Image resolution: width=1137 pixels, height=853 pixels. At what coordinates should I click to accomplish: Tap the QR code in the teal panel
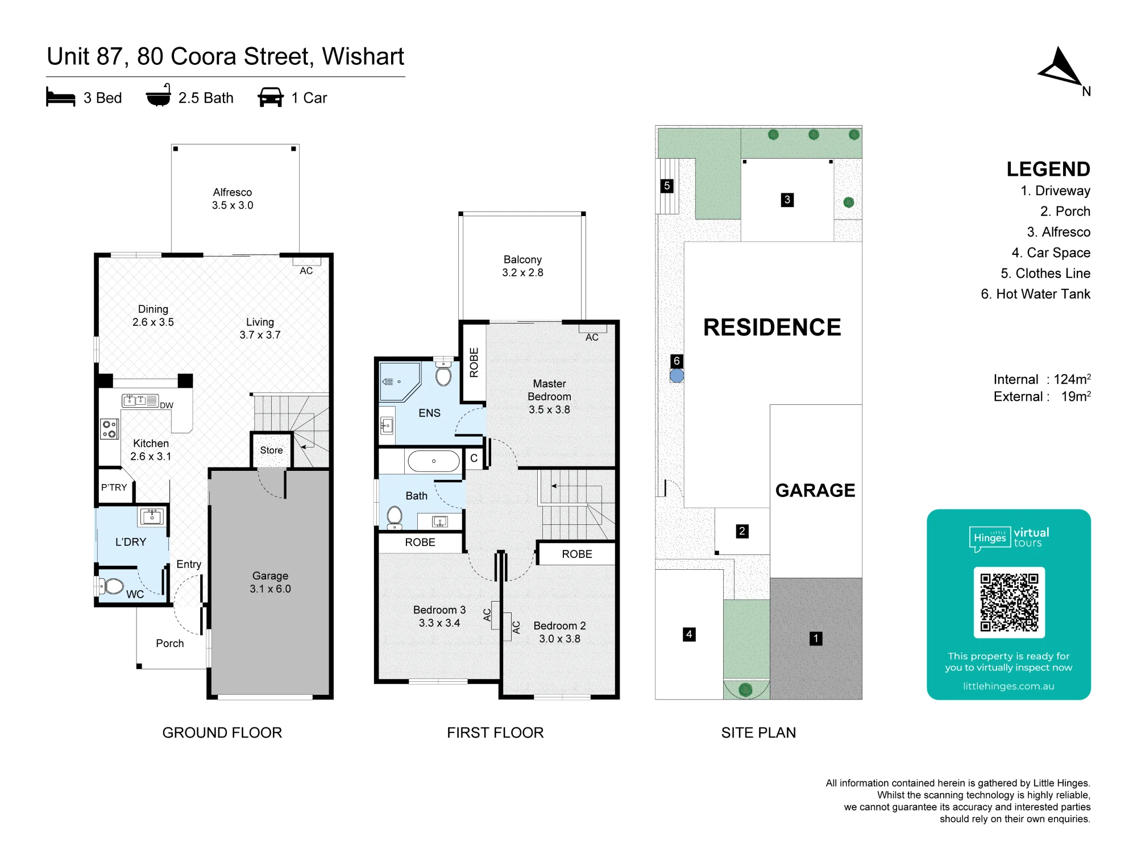click(1009, 602)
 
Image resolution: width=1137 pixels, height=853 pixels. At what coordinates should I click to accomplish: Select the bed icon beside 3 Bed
click(60, 97)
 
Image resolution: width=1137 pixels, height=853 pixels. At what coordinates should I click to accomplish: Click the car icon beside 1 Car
click(271, 97)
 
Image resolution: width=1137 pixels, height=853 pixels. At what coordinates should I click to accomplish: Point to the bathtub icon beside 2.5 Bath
click(158, 96)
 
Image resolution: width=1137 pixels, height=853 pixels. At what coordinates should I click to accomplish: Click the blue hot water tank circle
click(677, 375)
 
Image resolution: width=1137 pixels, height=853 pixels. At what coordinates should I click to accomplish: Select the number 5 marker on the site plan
click(667, 186)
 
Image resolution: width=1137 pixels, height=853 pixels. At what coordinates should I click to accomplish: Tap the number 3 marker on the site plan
click(787, 200)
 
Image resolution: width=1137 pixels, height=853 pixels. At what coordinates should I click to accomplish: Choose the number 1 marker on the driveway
click(816, 639)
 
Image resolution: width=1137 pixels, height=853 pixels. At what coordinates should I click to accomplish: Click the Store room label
click(271, 450)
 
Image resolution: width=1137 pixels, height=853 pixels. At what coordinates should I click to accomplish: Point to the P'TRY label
click(114, 487)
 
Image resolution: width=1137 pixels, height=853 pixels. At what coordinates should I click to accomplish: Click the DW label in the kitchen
click(167, 405)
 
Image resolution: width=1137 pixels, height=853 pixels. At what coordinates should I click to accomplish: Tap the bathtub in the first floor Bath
click(434, 461)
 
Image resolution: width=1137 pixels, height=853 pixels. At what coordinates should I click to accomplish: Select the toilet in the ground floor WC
click(111, 586)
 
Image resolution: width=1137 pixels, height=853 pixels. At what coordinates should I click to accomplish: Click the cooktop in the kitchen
click(109, 429)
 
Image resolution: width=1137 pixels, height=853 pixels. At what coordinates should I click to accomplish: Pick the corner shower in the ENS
click(400, 382)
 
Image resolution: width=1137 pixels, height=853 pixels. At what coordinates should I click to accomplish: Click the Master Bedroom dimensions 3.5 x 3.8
click(549, 409)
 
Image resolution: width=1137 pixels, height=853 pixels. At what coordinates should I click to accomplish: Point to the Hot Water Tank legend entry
click(1036, 294)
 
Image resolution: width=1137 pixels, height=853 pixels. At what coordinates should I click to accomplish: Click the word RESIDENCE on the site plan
click(772, 328)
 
